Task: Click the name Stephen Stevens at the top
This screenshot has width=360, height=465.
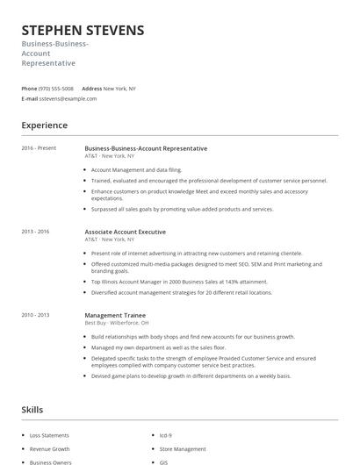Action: click(83, 31)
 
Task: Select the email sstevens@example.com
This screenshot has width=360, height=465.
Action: click(68, 99)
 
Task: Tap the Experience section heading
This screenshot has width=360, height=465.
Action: click(45, 125)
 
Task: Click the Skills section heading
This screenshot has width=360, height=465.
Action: click(32, 409)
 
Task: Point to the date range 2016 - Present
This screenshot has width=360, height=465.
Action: click(39, 148)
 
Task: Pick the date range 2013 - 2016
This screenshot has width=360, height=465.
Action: click(35, 231)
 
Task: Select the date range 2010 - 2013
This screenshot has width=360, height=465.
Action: click(35, 314)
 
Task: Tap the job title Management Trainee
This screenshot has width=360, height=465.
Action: click(115, 314)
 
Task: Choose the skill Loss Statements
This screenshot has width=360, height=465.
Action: click(49, 435)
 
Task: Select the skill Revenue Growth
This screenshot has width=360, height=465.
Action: click(49, 448)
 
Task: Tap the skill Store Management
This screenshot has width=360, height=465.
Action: click(182, 448)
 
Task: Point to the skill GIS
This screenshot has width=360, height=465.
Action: click(164, 461)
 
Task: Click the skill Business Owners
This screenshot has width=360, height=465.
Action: click(49, 461)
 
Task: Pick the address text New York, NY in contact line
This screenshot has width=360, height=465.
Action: click(119, 89)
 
